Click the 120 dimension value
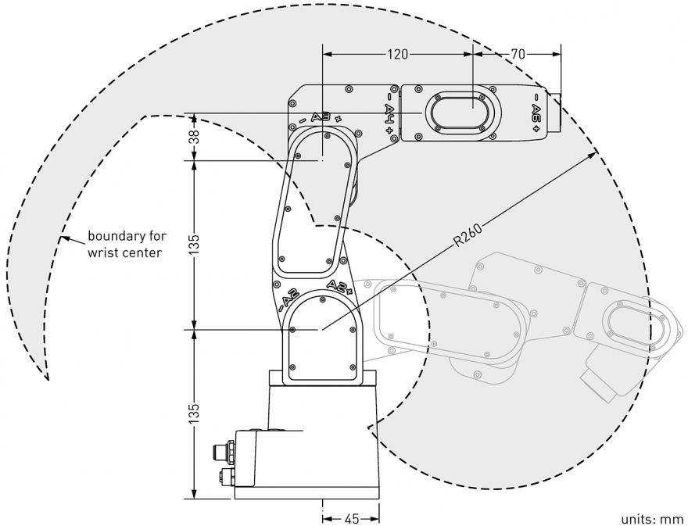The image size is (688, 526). [397, 54]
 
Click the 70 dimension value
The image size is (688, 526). [518, 54]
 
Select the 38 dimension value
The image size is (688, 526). [195, 137]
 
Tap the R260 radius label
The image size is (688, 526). [468, 235]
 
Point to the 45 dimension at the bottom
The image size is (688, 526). [352, 519]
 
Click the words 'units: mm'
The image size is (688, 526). [653, 519]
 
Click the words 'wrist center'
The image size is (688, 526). [124, 252]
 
